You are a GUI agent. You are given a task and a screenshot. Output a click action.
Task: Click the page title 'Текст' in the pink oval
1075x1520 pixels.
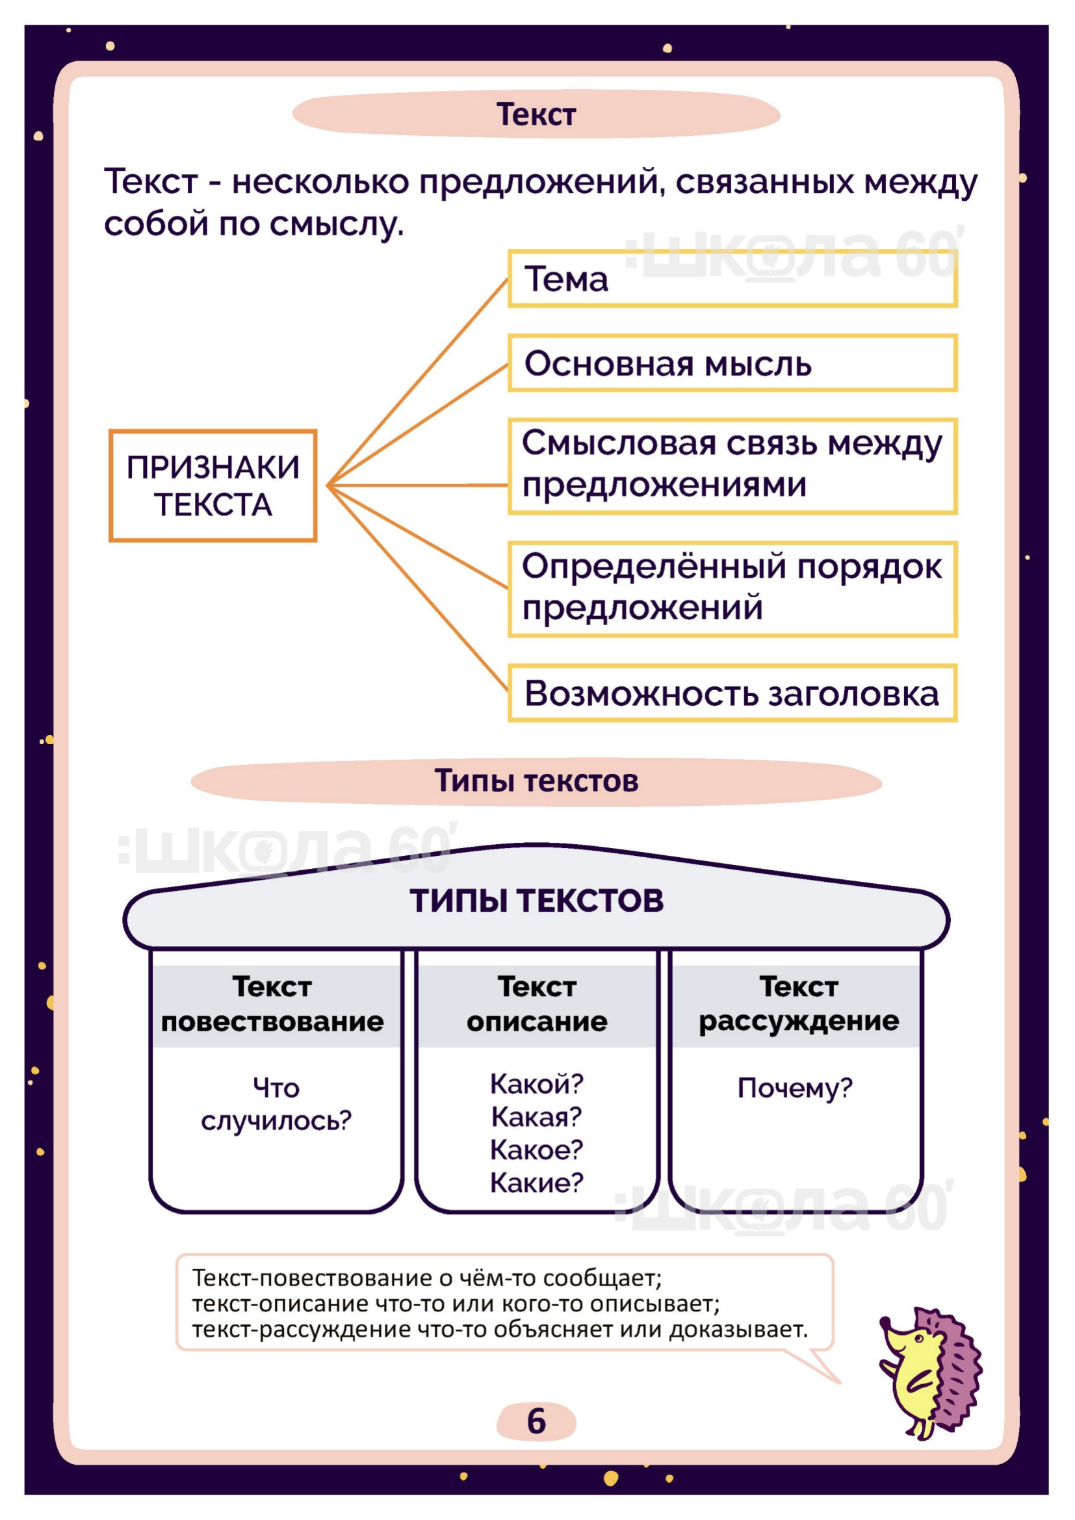click(x=536, y=114)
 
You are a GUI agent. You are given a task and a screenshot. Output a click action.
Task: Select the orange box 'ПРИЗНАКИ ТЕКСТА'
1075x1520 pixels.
click(x=213, y=486)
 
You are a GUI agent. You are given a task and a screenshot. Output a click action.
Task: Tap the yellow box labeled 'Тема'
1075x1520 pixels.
click(x=732, y=279)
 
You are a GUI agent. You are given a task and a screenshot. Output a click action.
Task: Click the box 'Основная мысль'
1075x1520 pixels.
click(x=732, y=363)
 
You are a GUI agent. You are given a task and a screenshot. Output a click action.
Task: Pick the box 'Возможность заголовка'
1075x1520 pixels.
click(x=732, y=693)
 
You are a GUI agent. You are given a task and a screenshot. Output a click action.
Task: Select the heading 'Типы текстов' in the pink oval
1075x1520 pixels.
click(x=536, y=781)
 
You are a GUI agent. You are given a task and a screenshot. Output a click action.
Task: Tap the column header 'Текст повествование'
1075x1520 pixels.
click(x=272, y=1004)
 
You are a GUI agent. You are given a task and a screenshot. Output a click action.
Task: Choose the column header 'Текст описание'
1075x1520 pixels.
click(x=537, y=1004)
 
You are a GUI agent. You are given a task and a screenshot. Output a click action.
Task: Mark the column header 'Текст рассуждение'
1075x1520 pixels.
click(x=798, y=1004)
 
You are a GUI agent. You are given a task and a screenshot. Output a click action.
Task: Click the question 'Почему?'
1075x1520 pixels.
click(x=794, y=1088)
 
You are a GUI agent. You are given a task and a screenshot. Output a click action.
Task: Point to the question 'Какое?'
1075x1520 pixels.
click(x=536, y=1150)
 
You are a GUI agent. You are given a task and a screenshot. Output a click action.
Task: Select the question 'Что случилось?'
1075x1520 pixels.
click(x=276, y=1104)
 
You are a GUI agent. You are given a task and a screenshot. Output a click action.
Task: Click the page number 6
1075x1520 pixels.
click(x=536, y=1421)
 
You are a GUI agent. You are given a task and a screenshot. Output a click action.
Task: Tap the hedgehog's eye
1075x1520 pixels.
click(x=919, y=1339)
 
